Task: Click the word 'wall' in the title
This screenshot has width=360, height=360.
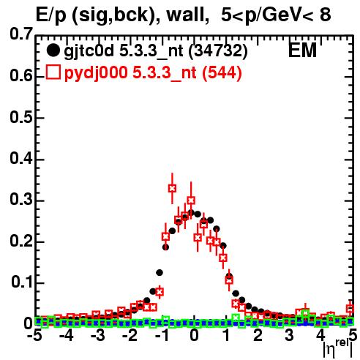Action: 186,15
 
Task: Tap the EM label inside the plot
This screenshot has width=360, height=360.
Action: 302,50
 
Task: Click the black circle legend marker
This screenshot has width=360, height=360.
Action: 53,50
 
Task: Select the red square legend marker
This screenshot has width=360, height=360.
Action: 53,72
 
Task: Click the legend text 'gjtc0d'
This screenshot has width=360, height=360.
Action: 89,51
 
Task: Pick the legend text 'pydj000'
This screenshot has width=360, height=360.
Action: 96,73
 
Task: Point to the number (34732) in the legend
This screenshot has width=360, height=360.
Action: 218,51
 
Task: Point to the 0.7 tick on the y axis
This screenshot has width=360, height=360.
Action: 21,34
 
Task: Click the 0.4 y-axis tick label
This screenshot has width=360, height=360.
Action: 21,158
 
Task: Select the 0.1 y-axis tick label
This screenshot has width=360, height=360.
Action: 21,282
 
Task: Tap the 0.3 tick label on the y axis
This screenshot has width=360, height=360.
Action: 21,199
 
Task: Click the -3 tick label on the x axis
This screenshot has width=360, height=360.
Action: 98,335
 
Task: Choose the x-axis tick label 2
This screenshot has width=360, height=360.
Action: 258,335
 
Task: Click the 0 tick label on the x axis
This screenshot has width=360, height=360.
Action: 194,335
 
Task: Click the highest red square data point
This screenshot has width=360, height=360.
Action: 172,188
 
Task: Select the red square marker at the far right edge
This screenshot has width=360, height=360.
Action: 350,309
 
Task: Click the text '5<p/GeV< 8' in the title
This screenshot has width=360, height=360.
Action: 276,15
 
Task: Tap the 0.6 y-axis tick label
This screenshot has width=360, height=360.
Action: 21,75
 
